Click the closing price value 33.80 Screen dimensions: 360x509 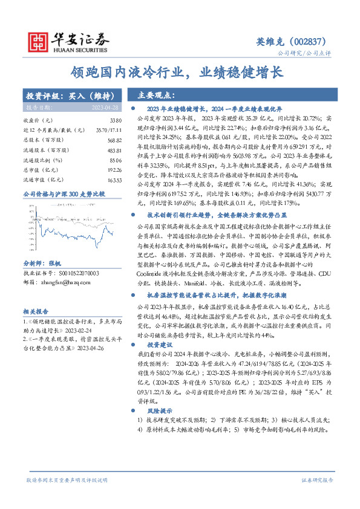pyautogui.click(x=114, y=120)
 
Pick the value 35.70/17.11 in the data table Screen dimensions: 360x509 pyautogui.click(x=109, y=130)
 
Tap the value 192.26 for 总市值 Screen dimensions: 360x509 pyautogui.click(x=114, y=170)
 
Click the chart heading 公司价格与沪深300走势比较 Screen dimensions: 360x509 pyautogui.click(x=64, y=194)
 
